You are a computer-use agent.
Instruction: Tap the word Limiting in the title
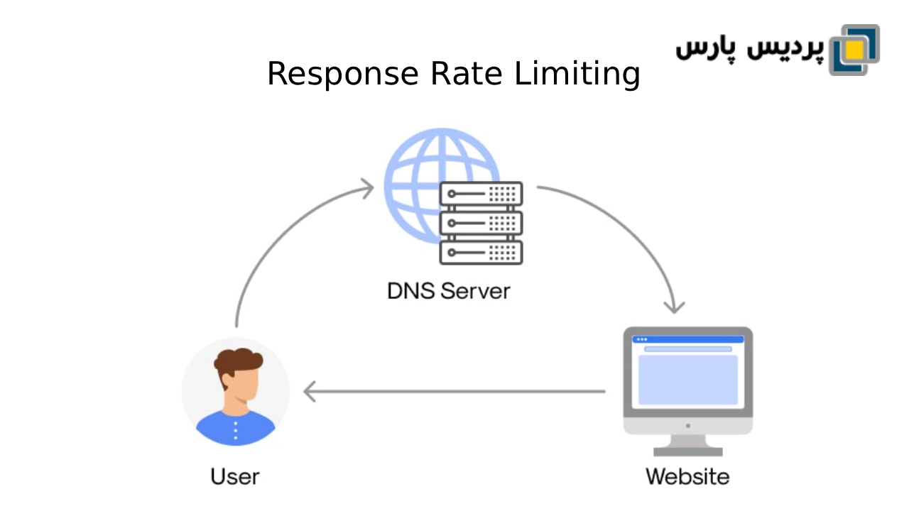coord(577,75)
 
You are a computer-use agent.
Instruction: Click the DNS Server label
coord(449,291)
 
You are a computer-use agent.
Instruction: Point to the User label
coord(235,476)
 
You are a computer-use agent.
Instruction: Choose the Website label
coord(687,476)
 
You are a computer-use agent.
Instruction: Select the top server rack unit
coord(481,194)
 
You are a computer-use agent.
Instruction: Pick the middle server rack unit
coord(481,223)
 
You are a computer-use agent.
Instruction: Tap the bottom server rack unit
coord(481,252)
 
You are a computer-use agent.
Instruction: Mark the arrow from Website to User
coord(454,391)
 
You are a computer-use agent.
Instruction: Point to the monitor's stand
coord(687,445)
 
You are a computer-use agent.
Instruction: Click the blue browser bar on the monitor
coord(687,339)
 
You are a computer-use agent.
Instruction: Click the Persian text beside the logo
coord(749,48)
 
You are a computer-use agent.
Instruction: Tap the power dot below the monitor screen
coord(687,426)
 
